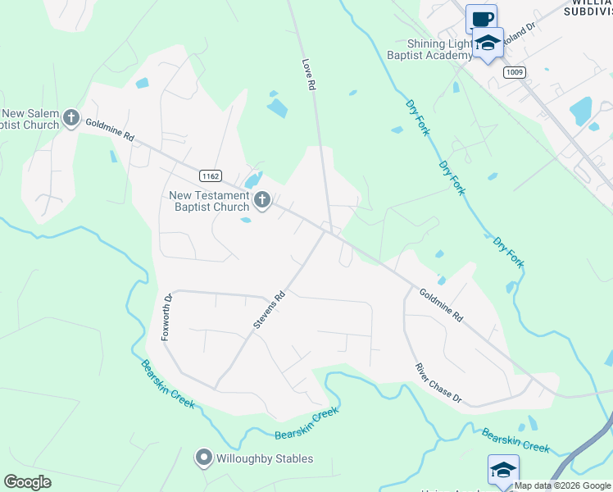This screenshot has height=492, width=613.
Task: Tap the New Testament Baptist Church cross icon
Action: click(262, 200)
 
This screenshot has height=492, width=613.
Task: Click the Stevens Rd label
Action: click(269, 311)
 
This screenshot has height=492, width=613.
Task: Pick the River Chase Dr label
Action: click(438, 384)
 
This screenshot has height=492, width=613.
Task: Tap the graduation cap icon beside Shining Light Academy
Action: click(488, 43)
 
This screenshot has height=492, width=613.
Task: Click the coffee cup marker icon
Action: click(481, 18)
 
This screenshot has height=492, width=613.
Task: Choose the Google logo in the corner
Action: click(27, 482)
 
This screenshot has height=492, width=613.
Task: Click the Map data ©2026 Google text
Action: click(562, 485)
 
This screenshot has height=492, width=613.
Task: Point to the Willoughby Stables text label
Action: click(264, 458)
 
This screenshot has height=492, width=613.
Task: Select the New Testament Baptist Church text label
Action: click(208, 201)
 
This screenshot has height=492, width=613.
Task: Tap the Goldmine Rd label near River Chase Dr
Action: click(441, 304)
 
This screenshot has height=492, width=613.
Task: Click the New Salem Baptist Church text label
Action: click(31, 119)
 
